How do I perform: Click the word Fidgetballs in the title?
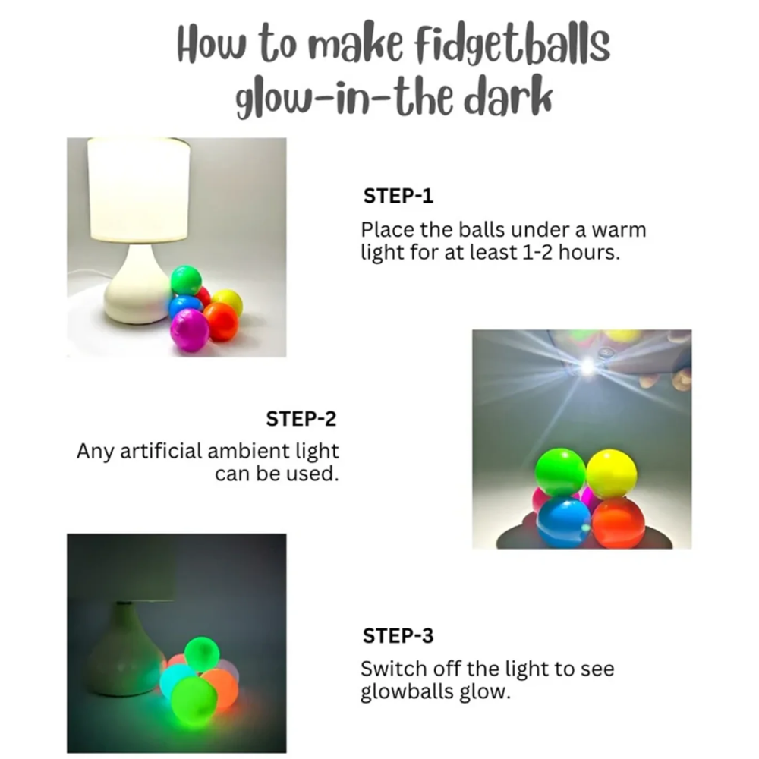point(513,44)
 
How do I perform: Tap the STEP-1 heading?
point(398,196)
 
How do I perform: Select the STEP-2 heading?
point(301,418)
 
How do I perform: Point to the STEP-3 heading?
point(398,635)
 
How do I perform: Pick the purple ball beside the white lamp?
point(189,329)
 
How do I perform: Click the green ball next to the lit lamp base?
point(186,280)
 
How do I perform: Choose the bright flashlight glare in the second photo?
point(587,367)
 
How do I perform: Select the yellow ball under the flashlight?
point(611,474)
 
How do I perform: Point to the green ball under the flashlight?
point(560,471)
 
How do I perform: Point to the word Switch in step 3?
point(392,669)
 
